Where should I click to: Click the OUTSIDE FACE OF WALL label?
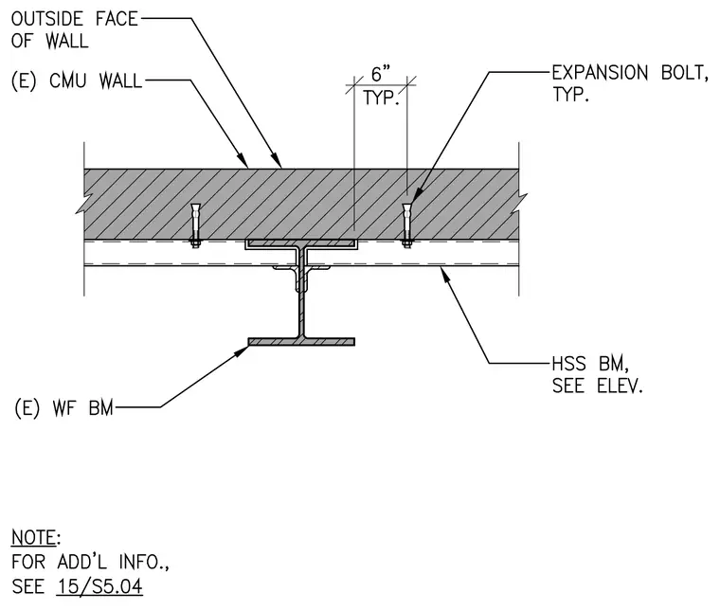point(75,29)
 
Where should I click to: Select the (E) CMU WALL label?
point(77,81)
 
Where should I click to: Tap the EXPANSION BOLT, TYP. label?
point(630,83)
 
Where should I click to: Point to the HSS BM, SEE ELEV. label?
point(597,374)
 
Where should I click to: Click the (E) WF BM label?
point(63,407)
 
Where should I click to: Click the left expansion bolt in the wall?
point(195,225)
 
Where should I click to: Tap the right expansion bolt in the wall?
point(406,225)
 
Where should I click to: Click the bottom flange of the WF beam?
point(301,342)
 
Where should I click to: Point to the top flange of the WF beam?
point(301,244)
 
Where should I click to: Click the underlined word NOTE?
point(33,537)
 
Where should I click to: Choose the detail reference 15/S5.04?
point(100,586)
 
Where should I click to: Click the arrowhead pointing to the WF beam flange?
point(242,350)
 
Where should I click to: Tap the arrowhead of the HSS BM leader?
point(444,274)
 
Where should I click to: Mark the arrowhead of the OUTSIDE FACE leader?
point(277,160)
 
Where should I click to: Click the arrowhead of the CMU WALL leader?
point(243,160)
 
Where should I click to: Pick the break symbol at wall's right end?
point(520,202)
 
